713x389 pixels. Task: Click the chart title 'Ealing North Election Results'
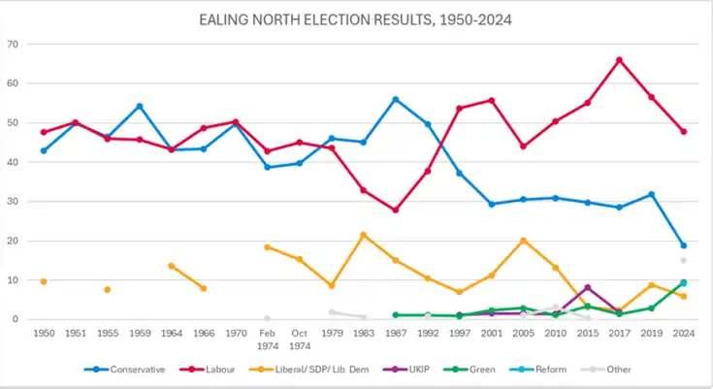[355, 18]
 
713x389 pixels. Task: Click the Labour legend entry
[219, 370]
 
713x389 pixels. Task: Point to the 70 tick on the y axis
[13, 45]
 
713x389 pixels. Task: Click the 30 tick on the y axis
[13, 202]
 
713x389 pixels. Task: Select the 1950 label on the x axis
[44, 333]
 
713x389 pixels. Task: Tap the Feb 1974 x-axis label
[267, 339]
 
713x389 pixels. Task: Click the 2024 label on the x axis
[683, 333]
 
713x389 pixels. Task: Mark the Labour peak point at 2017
[619, 60]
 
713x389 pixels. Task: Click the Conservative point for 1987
[396, 99]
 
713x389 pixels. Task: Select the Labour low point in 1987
[396, 210]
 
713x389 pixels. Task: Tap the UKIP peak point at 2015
[587, 287]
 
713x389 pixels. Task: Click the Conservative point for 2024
[683, 245]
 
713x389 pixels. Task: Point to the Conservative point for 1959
[140, 106]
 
